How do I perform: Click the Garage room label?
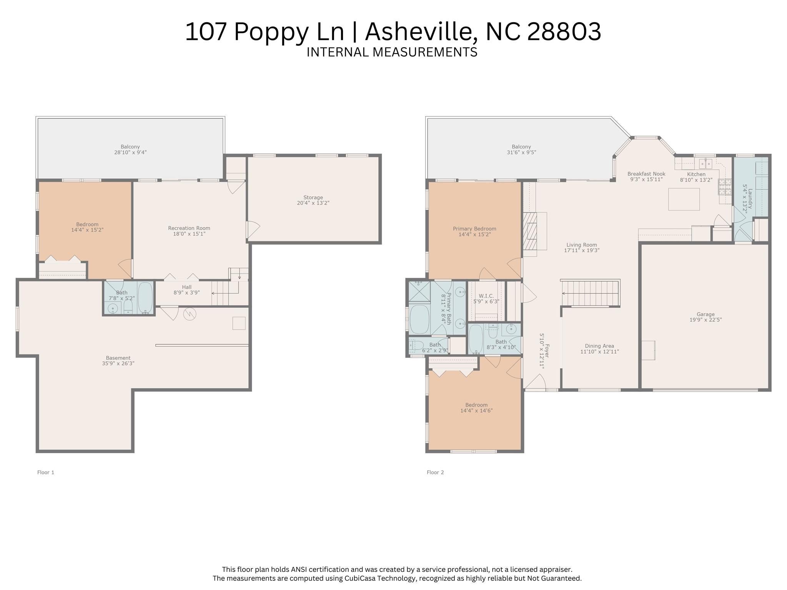(x=705, y=314)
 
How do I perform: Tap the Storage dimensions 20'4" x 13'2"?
(x=313, y=203)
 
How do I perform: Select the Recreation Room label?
(x=189, y=228)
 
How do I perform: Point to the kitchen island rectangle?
(x=684, y=199)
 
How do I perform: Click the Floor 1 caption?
(x=46, y=472)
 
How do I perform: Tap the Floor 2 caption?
(x=435, y=472)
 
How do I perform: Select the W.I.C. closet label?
(x=486, y=296)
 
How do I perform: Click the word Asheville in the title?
(x=421, y=32)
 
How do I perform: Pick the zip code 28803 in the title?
(x=564, y=32)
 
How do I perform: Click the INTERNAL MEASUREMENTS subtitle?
(x=392, y=52)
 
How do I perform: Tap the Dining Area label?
(x=599, y=346)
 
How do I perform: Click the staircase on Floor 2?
(x=590, y=293)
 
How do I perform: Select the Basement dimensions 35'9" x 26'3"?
(x=118, y=363)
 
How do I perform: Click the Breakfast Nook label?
(x=646, y=174)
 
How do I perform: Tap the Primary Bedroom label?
(x=474, y=229)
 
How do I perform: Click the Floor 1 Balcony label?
(x=130, y=147)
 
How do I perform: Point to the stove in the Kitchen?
(x=724, y=187)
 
